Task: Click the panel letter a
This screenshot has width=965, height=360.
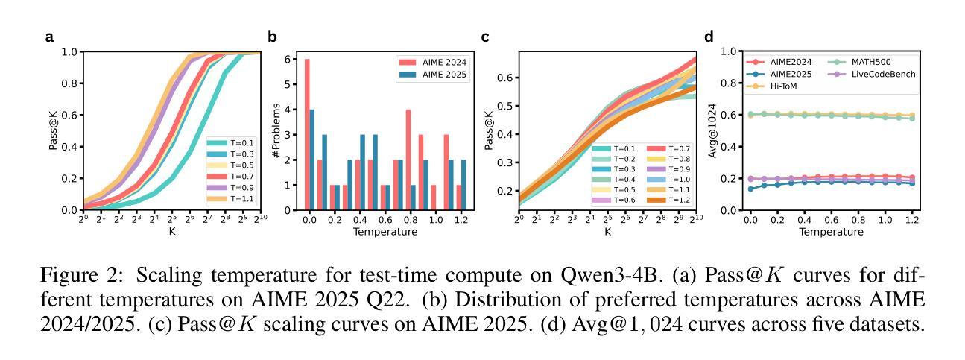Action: click(x=49, y=36)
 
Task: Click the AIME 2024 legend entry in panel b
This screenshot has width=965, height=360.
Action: click(x=431, y=63)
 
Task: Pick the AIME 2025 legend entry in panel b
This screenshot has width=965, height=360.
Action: click(x=431, y=75)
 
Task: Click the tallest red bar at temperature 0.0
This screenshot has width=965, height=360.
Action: click(x=307, y=134)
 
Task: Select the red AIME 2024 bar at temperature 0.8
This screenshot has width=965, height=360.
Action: click(x=408, y=160)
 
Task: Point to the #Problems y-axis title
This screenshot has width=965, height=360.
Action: click(x=276, y=131)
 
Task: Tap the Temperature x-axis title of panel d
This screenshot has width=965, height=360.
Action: click(x=831, y=232)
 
